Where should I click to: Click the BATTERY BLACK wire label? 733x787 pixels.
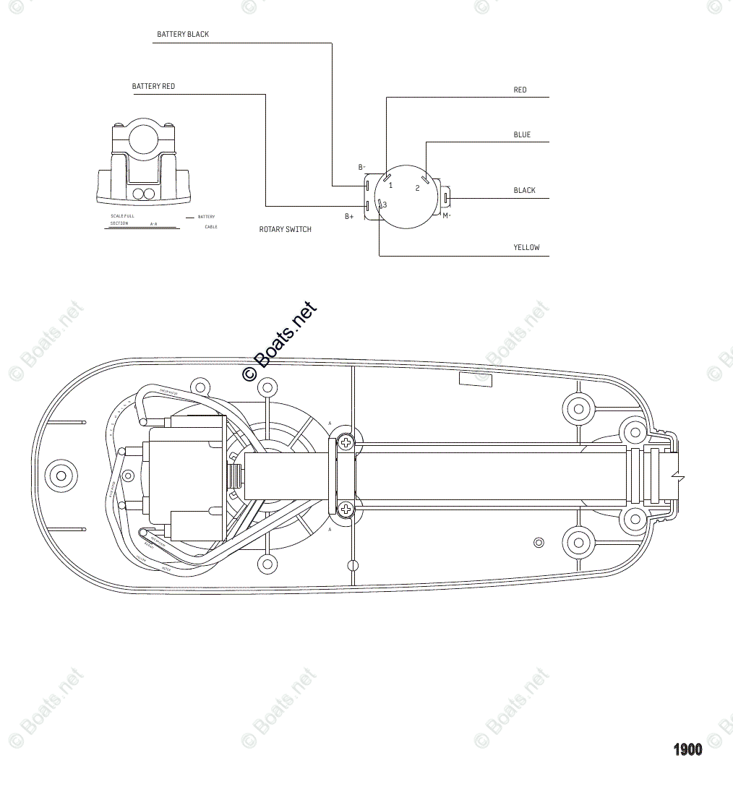(x=183, y=35)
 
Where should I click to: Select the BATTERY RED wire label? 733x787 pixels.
(x=153, y=87)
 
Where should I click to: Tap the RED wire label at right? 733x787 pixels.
(x=520, y=90)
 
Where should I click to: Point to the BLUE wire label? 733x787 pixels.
(x=522, y=135)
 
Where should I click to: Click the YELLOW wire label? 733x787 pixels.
(x=526, y=248)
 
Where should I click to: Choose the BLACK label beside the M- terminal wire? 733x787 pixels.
(x=524, y=191)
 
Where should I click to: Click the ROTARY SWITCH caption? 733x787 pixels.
(x=286, y=230)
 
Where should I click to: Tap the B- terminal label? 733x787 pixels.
(x=362, y=168)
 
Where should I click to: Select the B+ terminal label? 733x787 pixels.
(x=349, y=217)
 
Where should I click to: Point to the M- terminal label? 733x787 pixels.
(x=447, y=215)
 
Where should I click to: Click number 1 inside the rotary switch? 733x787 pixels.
(x=391, y=186)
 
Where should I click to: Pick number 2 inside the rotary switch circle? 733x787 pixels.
(x=417, y=189)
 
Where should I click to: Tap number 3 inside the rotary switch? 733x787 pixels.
(x=385, y=205)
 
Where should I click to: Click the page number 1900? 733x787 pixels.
(x=687, y=749)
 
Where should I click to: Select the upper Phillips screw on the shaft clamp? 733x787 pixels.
(x=347, y=442)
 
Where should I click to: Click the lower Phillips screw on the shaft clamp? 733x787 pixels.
(x=347, y=509)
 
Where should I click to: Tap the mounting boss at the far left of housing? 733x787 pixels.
(x=61, y=476)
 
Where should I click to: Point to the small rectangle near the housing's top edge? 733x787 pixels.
(x=475, y=379)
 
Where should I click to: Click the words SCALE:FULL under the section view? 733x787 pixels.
(x=122, y=216)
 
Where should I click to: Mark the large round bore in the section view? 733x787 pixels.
(x=144, y=139)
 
